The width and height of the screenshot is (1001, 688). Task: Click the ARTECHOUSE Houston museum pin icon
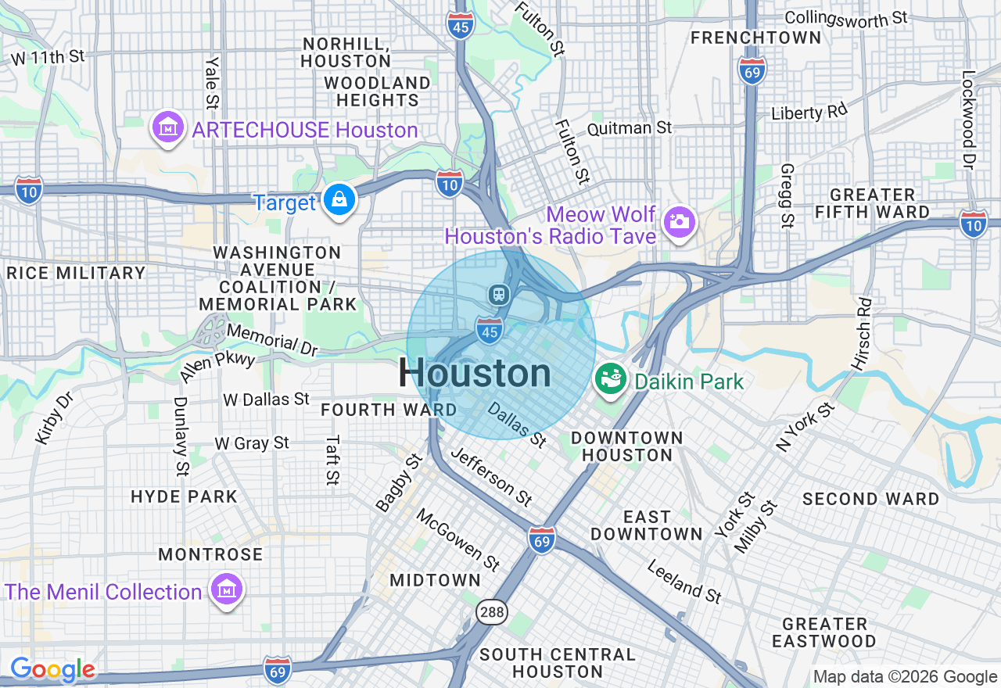point(167,127)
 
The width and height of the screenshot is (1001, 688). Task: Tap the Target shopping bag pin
point(341,200)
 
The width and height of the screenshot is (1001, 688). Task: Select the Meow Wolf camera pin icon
point(679,222)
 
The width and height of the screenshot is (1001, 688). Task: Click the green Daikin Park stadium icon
point(611,380)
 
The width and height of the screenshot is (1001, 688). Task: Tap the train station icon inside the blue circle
point(498,295)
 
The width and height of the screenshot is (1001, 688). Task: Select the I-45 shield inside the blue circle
point(490,331)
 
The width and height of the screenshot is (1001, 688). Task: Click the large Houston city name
point(475,373)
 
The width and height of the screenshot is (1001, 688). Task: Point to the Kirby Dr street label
point(54,418)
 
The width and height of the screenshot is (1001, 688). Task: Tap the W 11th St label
point(48,56)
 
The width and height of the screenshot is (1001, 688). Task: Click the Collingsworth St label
point(845,16)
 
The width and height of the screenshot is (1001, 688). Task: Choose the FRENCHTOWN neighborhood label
point(755,38)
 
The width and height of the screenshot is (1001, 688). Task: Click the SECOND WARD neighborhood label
point(870,499)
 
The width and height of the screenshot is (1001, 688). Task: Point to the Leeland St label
point(684,582)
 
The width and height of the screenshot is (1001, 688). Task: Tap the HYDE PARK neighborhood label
point(184,496)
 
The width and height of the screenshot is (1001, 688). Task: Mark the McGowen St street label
point(457,539)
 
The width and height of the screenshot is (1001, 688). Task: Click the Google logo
point(52,669)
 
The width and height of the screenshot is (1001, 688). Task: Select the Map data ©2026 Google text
point(905,677)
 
